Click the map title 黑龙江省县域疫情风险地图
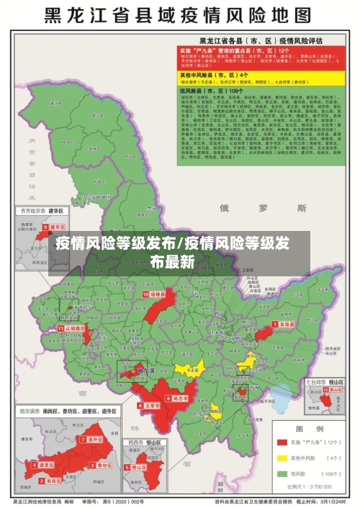179,15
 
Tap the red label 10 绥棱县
155,294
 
